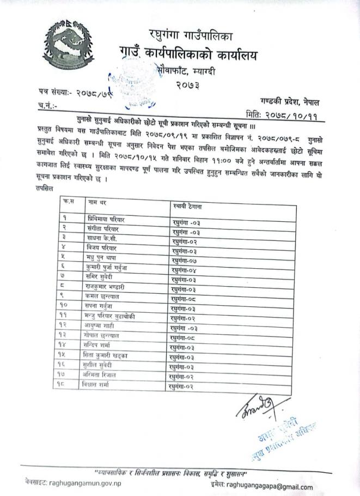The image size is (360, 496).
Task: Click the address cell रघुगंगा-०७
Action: (187, 261)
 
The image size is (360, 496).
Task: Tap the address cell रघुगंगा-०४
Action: (187, 270)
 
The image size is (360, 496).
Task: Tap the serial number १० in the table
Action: (65, 306)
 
